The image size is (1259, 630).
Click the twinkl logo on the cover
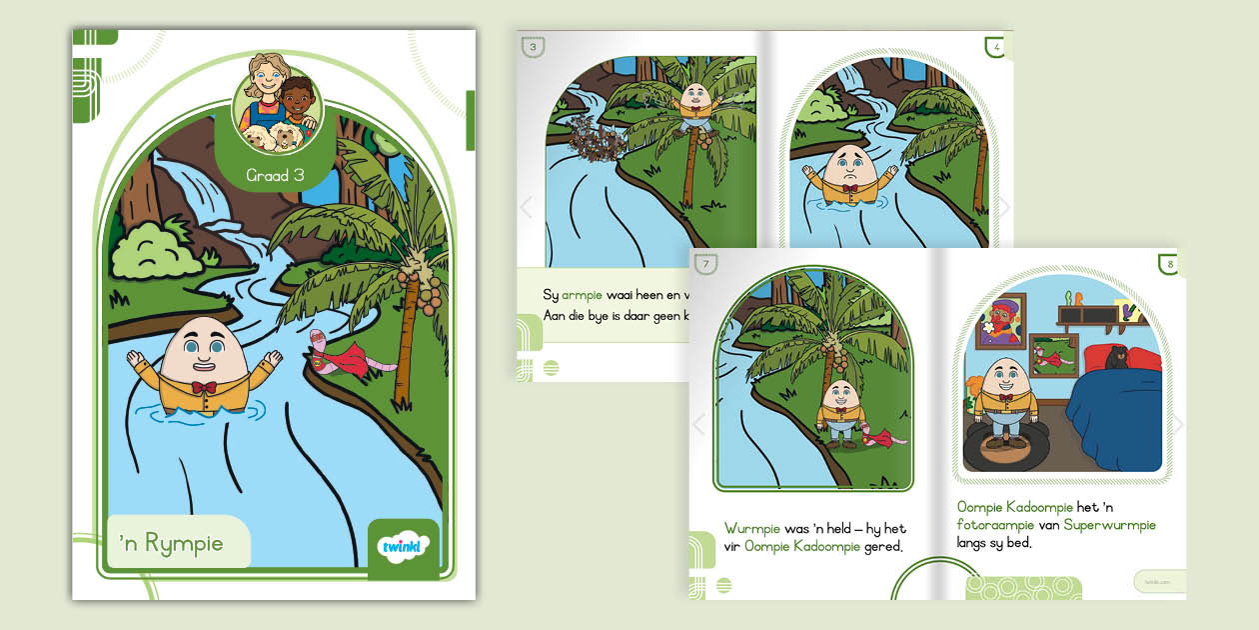pos(404,547)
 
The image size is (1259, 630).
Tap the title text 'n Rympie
pos(171,543)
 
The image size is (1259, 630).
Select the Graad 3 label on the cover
pos(275,176)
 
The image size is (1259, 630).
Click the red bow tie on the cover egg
pos(204,387)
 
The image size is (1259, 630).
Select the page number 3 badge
pos(534,47)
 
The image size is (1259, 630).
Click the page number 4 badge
pos(995,47)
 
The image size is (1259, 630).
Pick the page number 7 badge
pos(706,265)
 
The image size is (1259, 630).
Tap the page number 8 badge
pos(1169,265)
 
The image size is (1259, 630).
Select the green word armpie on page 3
pos(586,295)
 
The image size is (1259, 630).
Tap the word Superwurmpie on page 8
pos(1109,525)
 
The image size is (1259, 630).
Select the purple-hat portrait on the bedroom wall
pos(1002,317)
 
